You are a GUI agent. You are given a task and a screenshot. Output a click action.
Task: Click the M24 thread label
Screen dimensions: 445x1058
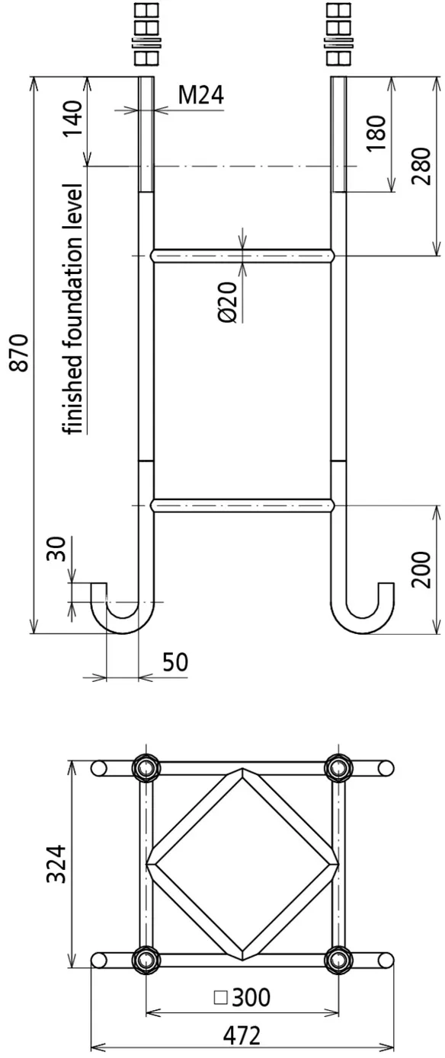[201, 95]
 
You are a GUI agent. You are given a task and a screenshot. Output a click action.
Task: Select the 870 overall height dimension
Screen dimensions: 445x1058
[21, 352]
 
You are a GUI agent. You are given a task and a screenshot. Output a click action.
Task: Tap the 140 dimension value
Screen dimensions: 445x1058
[74, 119]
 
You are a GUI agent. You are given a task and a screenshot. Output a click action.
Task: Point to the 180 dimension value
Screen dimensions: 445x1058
[376, 133]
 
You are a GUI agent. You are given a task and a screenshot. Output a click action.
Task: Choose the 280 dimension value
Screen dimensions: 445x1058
[421, 166]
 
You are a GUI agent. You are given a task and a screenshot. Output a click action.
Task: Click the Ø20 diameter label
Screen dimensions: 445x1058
[228, 302]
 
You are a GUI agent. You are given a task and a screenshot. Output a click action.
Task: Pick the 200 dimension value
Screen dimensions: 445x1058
[421, 569]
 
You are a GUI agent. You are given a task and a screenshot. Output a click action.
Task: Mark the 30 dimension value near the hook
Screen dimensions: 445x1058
[56, 549]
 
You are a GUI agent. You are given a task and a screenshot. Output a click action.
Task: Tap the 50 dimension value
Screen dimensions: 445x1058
[175, 662]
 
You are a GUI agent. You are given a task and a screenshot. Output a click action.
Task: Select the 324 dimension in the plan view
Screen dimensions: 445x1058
[56, 865]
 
